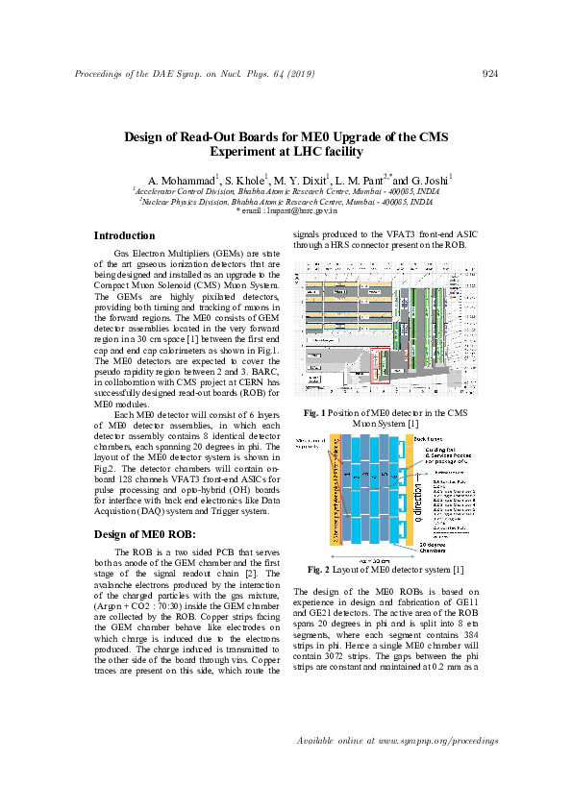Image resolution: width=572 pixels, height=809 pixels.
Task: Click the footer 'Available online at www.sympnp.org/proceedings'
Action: [398, 741]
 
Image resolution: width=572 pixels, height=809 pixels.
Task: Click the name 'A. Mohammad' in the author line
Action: [181, 181]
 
